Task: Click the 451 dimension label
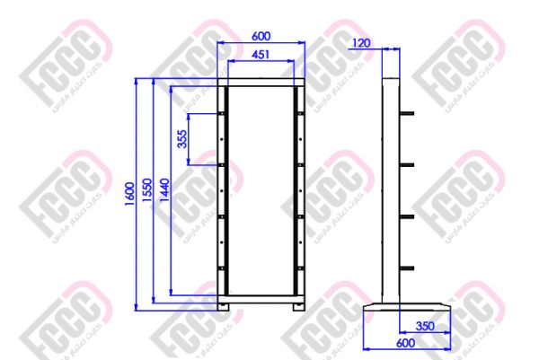pos(261,55)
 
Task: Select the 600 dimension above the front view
pos(261,37)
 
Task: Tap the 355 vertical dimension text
pos(182,139)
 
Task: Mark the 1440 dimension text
pos(164,189)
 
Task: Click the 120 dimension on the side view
pos(362,42)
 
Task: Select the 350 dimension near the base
pos(427,325)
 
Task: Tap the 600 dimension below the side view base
pos(405,342)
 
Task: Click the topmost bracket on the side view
pos(406,113)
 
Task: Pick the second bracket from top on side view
pos(406,164)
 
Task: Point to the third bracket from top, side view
pos(406,216)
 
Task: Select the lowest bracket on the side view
pos(406,268)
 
